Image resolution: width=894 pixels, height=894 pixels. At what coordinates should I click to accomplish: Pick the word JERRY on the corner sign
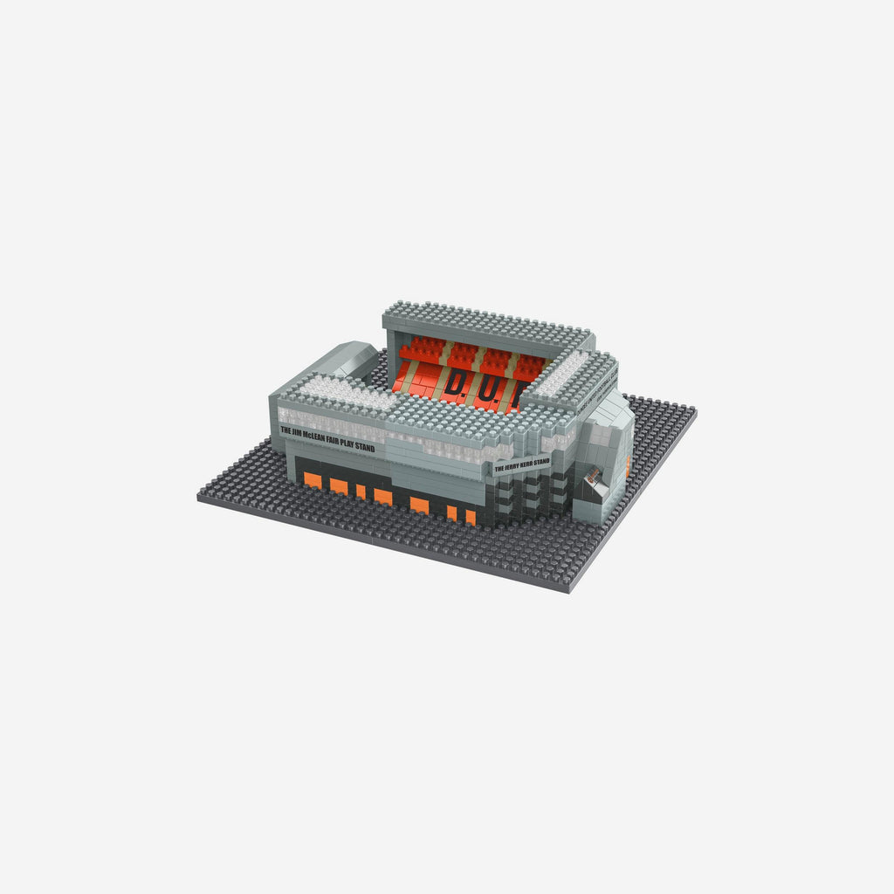pyautogui.click(x=512, y=465)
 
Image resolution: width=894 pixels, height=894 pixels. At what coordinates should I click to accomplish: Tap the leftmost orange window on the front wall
pyautogui.click(x=313, y=481)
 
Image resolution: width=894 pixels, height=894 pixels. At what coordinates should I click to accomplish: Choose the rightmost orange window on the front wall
pyautogui.click(x=471, y=517)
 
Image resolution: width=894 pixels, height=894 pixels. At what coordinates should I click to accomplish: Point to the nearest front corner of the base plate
pyautogui.click(x=568, y=591)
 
